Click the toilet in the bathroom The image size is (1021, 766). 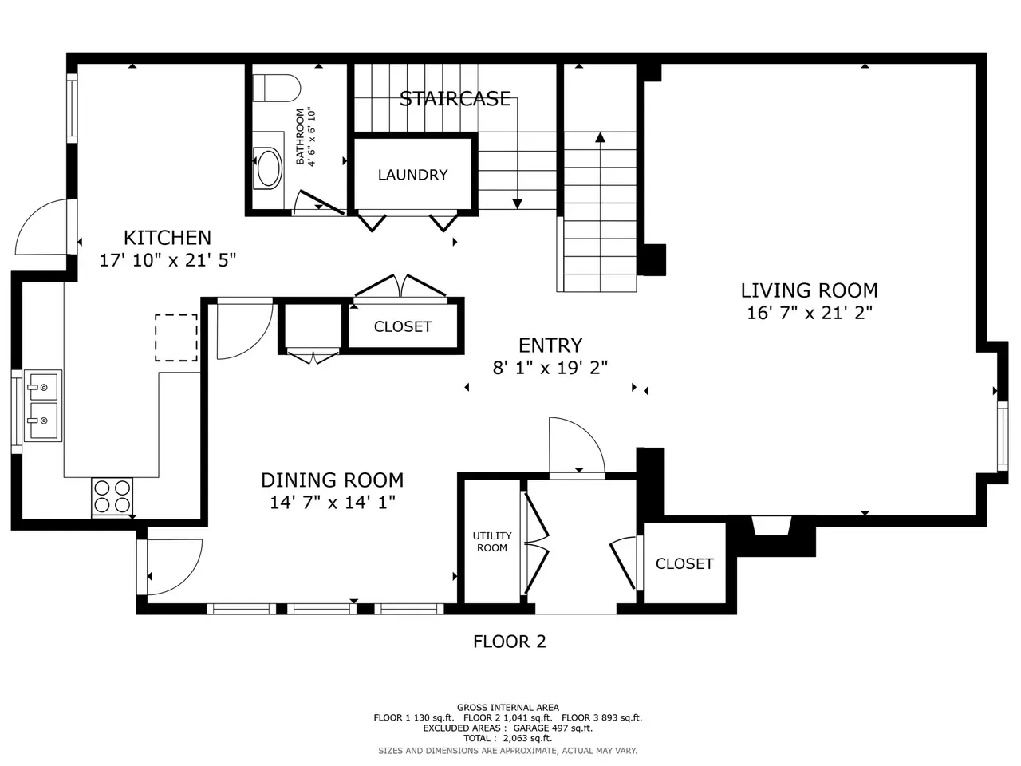(276, 88)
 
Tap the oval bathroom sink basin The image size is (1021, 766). (268, 168)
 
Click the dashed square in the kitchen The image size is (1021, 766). (176, 338)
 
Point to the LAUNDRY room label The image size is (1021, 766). (412, 175)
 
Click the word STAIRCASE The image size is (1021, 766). (455, 99)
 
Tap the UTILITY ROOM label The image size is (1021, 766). (492, 542)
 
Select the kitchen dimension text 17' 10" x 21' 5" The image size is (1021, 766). (168, 260)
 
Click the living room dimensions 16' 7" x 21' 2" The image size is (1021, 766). (810, 313)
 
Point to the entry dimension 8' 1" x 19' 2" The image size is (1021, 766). (550, 368)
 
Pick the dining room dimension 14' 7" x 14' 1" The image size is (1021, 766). (333, 503)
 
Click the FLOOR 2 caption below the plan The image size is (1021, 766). (510, 642)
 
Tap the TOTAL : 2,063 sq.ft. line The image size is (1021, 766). (507, 738)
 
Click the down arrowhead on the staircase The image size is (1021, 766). (517, 203)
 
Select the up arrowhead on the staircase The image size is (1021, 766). (600, 137)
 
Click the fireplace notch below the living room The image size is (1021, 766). (771, 526)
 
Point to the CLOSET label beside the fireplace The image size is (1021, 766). (684, 563)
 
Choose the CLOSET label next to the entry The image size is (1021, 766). (403, 326)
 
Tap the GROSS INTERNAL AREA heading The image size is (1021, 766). (508, 708)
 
